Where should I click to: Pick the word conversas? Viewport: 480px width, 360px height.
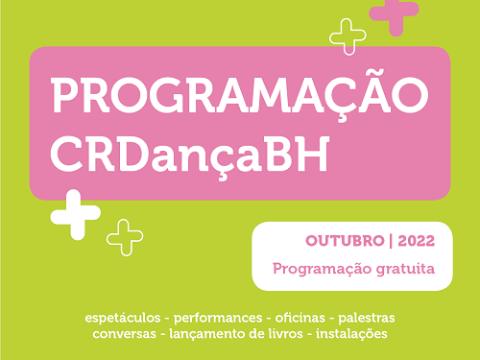click(126, 334)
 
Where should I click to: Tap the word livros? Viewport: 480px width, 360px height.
click(294, 334)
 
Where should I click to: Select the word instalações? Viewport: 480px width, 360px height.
click(353, 334)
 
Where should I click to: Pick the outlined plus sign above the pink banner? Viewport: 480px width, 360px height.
click(348, 36)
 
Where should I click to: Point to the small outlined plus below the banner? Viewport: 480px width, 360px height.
click(125, 236)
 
